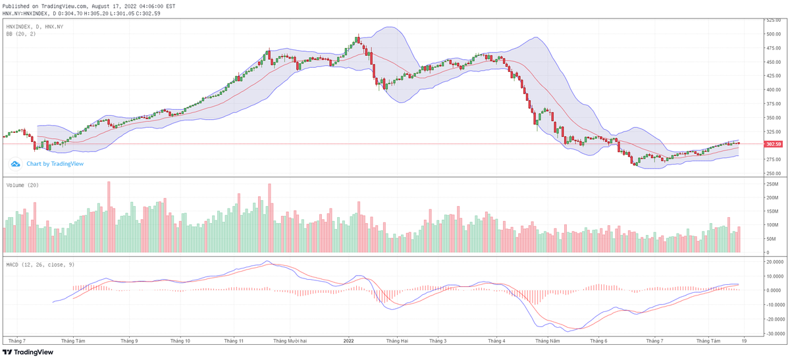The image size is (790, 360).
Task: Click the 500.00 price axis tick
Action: (772, 34)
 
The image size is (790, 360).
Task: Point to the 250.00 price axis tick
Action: (772, 173)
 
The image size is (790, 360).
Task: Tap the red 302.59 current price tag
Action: (772, 144)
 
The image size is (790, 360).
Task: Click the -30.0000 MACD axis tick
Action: (772, 334)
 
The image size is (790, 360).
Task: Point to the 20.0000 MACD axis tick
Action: (772, 261)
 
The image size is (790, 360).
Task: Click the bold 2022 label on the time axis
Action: (349, 341)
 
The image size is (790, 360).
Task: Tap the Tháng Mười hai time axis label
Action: (290, 341)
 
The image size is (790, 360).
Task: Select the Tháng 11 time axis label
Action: (234, 341)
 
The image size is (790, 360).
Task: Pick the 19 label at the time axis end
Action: (743, 341)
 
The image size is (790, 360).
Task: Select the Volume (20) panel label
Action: (22, 185)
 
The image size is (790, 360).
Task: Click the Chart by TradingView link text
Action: (55, 164)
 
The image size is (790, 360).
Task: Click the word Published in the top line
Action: (16, 6)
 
